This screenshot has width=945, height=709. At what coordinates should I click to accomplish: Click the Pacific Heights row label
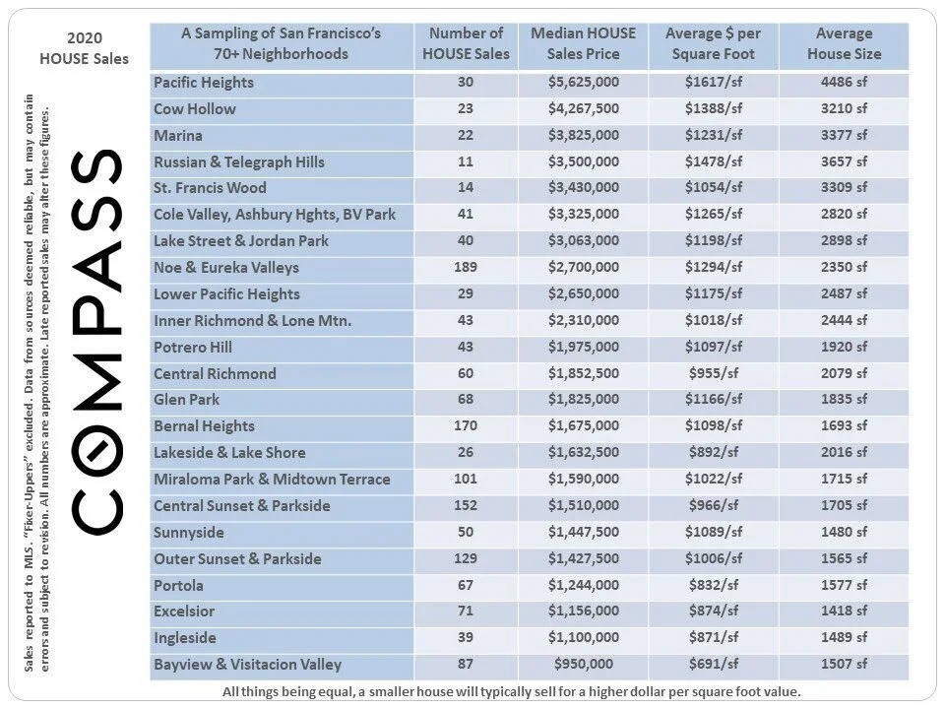[x=204, y=83]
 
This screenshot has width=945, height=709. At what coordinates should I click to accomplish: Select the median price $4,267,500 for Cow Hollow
[x=583, y=109]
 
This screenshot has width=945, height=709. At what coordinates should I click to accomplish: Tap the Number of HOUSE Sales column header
[x=466, y=44]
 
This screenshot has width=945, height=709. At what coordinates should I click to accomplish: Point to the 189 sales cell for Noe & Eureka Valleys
[x=466, y=268]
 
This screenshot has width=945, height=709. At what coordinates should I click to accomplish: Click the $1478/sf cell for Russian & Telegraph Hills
[x=714, y=161]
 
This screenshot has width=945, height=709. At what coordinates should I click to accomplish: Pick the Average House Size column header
[x=844, y=44]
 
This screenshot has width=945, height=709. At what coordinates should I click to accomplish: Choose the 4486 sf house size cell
[x=844, y=83]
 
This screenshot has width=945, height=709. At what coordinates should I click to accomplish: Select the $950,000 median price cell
[x=583, y=665]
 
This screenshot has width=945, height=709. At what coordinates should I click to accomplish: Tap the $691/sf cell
[x=714, y=665]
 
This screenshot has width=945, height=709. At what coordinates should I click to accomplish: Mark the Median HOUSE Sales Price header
[x=583, y=44]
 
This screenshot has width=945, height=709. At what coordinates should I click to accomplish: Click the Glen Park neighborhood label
[x=187, y=400]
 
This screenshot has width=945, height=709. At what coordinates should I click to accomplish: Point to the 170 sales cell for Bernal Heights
[x=466, y=426]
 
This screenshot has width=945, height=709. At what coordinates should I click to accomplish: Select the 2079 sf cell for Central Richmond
[x=844, y=373]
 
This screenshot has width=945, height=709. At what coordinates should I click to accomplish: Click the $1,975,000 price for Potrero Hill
[x=583, y=347]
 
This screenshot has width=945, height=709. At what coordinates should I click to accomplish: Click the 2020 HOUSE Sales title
[x=84, y=48]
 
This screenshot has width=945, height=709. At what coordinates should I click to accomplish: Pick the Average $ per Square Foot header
[x=714, y=44]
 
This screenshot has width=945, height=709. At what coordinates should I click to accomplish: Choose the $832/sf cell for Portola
[x=714, y=585]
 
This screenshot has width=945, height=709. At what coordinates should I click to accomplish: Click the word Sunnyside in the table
[x=189, y=533]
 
